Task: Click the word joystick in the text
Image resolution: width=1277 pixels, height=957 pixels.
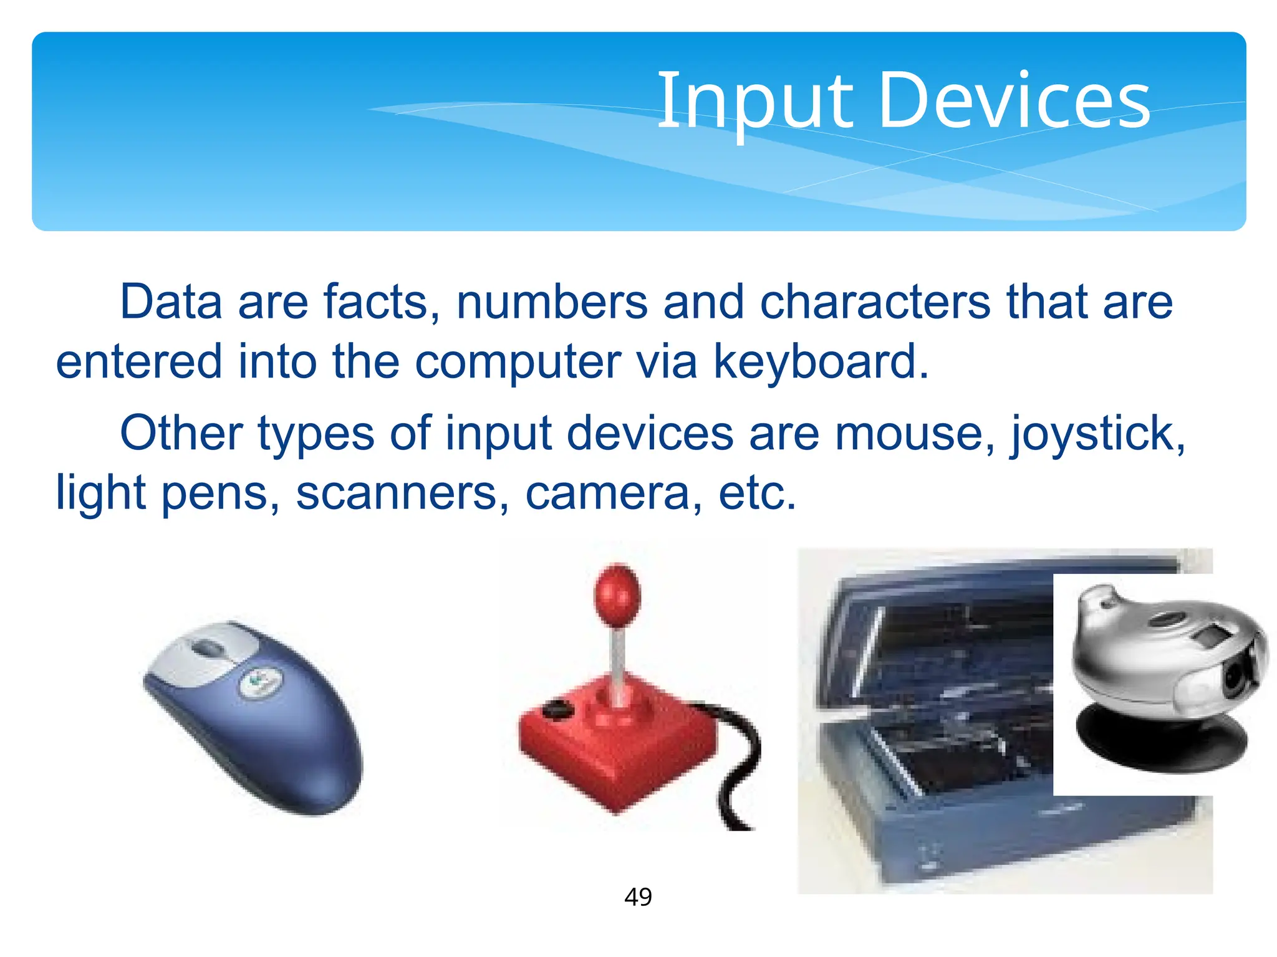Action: click(1097, 434)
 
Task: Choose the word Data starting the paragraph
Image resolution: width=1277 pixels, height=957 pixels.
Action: click(171, 302)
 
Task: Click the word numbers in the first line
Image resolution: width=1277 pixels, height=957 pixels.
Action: click(552, 302)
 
